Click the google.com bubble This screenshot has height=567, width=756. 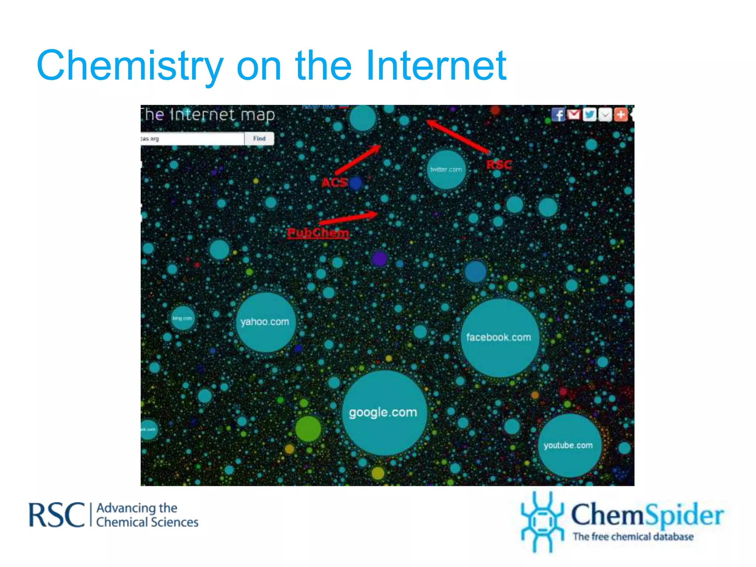(x=384, y=413)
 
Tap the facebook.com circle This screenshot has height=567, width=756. (x=499, y=338)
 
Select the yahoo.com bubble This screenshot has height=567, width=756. (x=265, y=322)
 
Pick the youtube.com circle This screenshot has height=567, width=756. (x=569, y=446)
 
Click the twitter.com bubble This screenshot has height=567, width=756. (x=446, y=169)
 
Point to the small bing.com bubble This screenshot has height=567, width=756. (x=182, y=318)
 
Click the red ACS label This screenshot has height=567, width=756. (x=334, y=182)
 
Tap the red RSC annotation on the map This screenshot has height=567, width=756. (x=499, y=165)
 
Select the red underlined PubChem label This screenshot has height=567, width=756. (x=318, y=233)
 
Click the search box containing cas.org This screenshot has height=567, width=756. (x=192, y=139)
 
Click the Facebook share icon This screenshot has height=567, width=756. (x=558, y=115)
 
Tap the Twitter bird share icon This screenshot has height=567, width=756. (x=590, y=115)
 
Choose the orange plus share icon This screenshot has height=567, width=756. (x=621, y=115)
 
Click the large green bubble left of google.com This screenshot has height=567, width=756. (x=308, y=429)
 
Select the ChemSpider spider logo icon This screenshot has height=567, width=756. (x=542, y=522)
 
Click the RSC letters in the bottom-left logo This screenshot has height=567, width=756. (x=57, y=515)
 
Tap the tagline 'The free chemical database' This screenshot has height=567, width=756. (x=633, y=536)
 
